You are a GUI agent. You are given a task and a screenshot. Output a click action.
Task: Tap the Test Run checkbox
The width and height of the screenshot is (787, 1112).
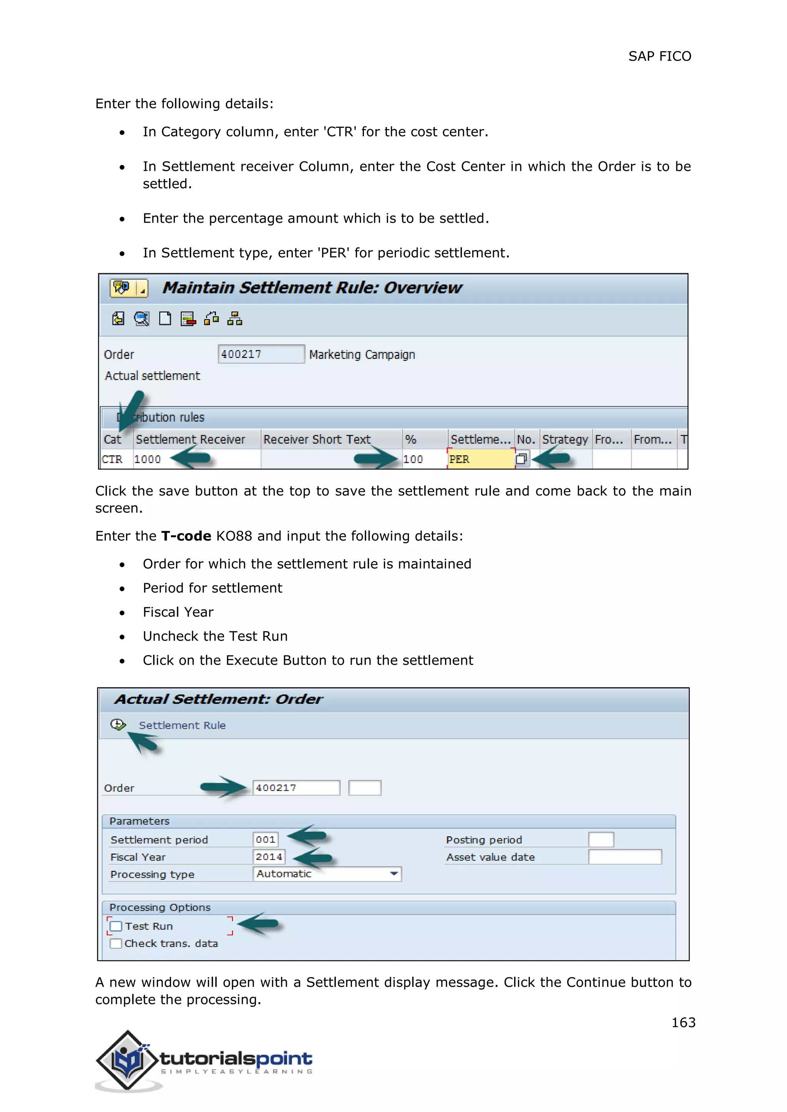point(116,926)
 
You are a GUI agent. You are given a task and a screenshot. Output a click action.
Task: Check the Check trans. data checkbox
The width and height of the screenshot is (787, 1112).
point(116,943)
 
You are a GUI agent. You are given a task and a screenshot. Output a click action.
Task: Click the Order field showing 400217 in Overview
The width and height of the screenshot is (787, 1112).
point(261,354)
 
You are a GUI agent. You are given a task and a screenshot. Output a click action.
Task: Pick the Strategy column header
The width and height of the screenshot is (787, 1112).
point(565,439)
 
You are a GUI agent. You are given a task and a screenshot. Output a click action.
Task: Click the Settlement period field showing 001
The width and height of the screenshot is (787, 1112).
point(266,839)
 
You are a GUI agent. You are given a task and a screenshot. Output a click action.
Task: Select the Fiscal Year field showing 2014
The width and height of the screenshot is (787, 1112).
point(269,857)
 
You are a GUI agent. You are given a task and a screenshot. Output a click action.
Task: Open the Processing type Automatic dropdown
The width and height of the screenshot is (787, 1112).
point(327,874)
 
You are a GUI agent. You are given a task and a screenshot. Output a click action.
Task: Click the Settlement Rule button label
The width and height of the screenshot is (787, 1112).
point(182,725)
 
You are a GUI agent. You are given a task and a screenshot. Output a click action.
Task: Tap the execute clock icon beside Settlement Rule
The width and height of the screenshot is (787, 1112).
point(118,725)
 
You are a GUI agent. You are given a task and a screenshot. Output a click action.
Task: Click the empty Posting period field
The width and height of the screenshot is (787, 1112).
point(601,839)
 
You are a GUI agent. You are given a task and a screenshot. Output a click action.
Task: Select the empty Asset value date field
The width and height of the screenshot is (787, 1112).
point(625,857)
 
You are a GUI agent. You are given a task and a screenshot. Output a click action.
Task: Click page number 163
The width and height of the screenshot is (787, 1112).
point(683,1023)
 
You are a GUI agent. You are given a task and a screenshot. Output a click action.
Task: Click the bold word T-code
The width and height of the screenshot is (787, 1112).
point(186,536)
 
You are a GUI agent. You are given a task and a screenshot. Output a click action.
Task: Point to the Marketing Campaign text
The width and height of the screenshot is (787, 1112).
point(362,354)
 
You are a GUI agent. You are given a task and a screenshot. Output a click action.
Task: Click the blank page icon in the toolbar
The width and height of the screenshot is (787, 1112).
point(165,319)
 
